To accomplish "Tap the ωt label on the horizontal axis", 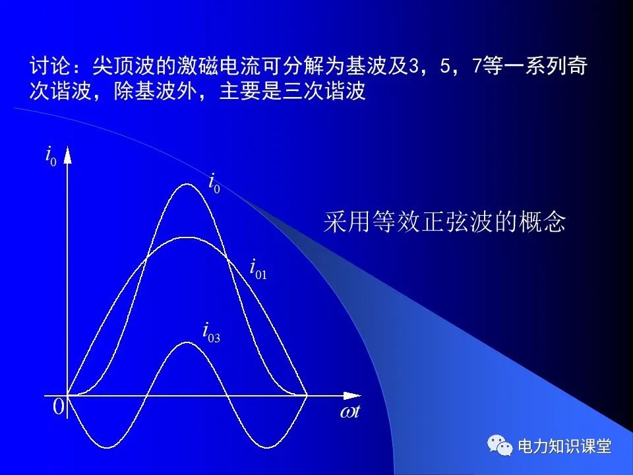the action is (349, 412).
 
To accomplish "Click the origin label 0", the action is (59, 406).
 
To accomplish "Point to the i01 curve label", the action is (258, 269).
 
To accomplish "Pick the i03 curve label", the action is (212, 332).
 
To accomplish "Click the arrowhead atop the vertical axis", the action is (67, 154).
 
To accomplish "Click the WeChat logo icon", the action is (500, 445).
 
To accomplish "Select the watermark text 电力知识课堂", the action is (564, 446).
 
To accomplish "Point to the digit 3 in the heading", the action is (413, 66).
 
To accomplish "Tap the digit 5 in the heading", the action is (445, 66).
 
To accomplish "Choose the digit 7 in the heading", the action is (477, 66).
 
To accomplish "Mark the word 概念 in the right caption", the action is (542, 222).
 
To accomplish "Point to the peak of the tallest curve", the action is (187, 184).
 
